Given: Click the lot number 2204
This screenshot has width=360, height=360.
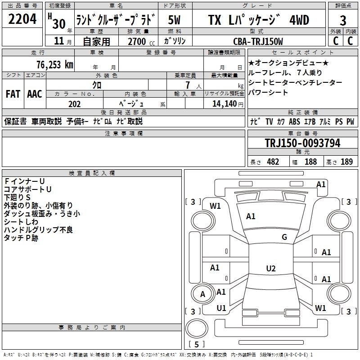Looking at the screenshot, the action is point(22,19).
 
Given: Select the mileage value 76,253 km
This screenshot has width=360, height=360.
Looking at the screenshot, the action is point(55,64).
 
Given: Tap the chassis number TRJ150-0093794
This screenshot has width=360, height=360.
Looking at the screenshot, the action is point(302,143).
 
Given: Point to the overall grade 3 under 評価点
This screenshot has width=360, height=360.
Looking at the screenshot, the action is point(343,21).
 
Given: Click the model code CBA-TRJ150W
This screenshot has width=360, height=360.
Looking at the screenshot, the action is point(258,41).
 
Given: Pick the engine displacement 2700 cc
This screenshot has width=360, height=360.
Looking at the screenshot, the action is point(141,41).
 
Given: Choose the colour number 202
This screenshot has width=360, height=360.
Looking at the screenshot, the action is point(74,104).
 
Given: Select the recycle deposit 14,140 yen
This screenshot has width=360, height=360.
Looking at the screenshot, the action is point(228,104).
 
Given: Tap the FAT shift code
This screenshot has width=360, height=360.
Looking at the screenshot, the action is point(13,94).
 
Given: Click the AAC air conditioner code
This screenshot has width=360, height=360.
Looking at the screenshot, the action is point(35,94).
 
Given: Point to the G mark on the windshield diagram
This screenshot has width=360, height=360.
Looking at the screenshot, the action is point(284,237).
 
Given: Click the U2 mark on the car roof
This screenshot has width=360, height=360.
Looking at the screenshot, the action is point(271,268).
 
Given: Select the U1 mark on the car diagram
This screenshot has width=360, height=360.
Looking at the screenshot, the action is point(221,308).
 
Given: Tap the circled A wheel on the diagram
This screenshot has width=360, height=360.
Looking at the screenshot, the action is point(202,294).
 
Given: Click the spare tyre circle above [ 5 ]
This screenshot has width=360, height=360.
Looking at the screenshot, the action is point(197,328).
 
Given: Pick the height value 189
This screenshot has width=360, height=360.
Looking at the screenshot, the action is point(346,162).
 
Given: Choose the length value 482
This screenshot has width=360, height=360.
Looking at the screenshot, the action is point(273,162).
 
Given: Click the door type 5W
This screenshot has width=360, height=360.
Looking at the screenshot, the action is point(174,20).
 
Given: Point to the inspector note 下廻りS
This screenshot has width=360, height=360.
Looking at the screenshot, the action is point(17,197).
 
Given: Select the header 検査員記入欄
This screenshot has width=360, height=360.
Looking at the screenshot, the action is point(92,173).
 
